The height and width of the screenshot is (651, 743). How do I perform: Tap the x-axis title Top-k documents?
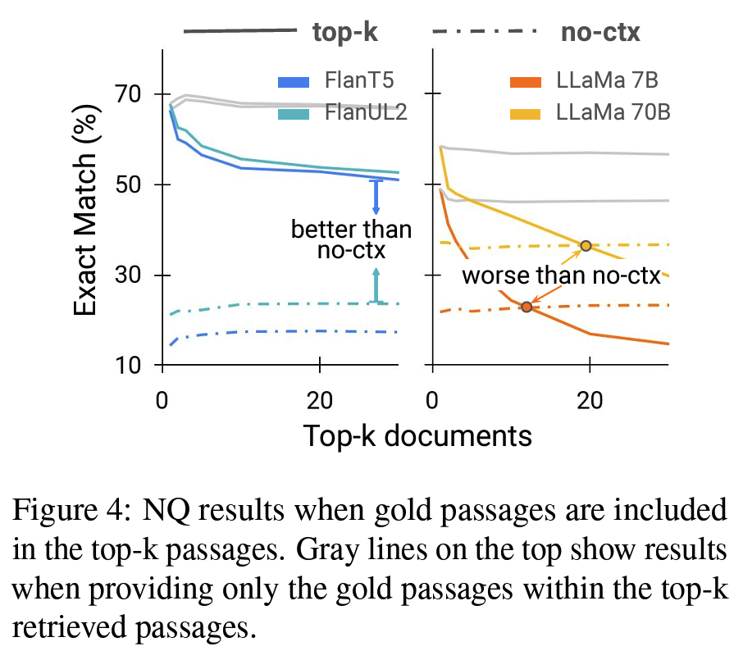coord(417,435)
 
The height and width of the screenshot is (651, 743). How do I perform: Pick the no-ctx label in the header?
coord(600,33)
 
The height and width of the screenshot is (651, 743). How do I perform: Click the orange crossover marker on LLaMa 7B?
coord(526,307)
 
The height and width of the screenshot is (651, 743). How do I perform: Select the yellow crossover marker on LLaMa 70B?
coord(586,246)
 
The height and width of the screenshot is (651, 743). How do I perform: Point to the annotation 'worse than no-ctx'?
coord(561,275)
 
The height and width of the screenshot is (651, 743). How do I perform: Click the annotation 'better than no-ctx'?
coord(351,239)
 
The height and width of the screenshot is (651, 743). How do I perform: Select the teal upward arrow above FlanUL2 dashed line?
coord(376,285)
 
